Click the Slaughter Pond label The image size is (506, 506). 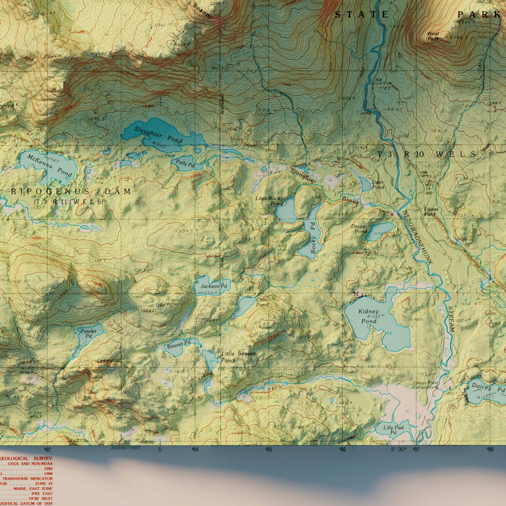[158, 135]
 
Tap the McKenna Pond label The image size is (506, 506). [50, 166]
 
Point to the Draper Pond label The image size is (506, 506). [359, 229]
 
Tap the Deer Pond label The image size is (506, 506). [378, 185]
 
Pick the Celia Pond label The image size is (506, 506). [262, 302]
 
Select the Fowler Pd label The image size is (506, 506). [88, 333]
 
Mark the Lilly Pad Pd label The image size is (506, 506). [393, 430]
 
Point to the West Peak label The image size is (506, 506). [433, 36]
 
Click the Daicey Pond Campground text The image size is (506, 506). [426, 385]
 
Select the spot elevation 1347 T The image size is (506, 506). [187, 231]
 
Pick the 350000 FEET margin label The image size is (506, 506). [126, 448]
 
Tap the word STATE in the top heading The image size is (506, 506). [362, 15]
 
